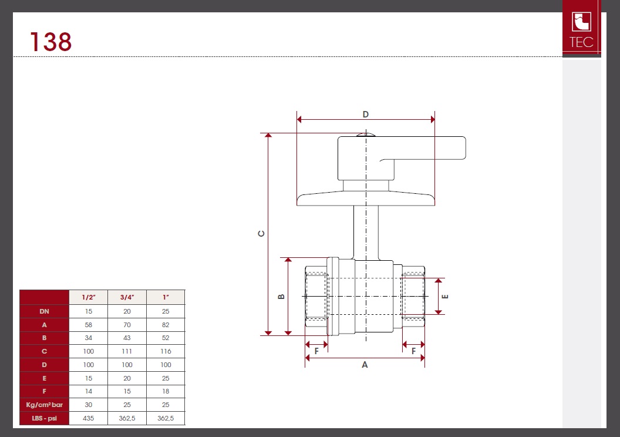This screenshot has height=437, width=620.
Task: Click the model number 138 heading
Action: click(51, 42)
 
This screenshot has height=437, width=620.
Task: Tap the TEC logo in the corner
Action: click(581, 28)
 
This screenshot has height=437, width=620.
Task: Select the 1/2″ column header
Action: click(88, 297)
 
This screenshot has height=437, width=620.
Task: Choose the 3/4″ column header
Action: click(127, 297)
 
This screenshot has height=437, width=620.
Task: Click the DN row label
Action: click(44, 311)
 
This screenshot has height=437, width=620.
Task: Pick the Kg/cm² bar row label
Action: click(44, 405)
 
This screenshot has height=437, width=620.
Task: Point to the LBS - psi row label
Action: click(44, 418)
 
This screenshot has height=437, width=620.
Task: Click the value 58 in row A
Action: click(88, 325)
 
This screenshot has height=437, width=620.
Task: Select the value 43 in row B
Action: click(127, 338)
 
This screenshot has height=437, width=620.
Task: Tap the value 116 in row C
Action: click(166, 351)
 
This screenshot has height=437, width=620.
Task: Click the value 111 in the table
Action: click(127, 351)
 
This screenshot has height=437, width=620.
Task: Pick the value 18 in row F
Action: click(166, 391)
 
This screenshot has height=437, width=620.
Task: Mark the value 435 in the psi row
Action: click(88, 418)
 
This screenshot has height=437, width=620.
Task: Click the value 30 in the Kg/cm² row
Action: click(88, 405)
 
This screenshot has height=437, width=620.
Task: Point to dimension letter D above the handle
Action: click(366, 115)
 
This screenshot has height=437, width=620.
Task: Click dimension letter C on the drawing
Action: click(261, 234)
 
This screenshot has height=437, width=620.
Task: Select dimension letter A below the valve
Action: click(365, 365)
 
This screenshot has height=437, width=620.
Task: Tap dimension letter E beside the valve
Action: click(445, 296)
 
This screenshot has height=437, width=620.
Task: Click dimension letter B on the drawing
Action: click(281, 297)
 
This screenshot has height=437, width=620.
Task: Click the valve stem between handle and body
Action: click(366, 233)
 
